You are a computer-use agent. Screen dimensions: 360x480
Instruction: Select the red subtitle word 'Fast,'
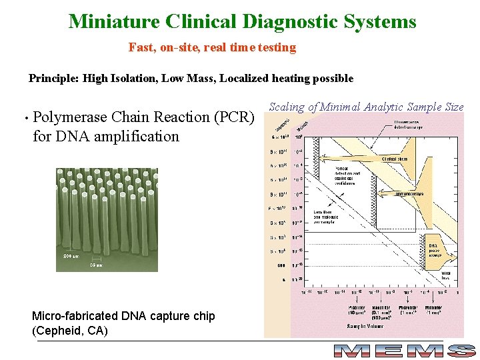(x=141, y=47)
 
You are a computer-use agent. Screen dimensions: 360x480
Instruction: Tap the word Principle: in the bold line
(x=54, y=79)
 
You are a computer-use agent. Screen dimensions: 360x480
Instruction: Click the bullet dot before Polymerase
(x=24, y=119)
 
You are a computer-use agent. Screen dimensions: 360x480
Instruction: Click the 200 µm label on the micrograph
(x=71, y=256)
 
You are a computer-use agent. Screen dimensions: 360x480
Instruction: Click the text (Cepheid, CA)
(x=70, y=331)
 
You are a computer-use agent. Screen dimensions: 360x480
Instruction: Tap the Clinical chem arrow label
(x=395, y=159)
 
